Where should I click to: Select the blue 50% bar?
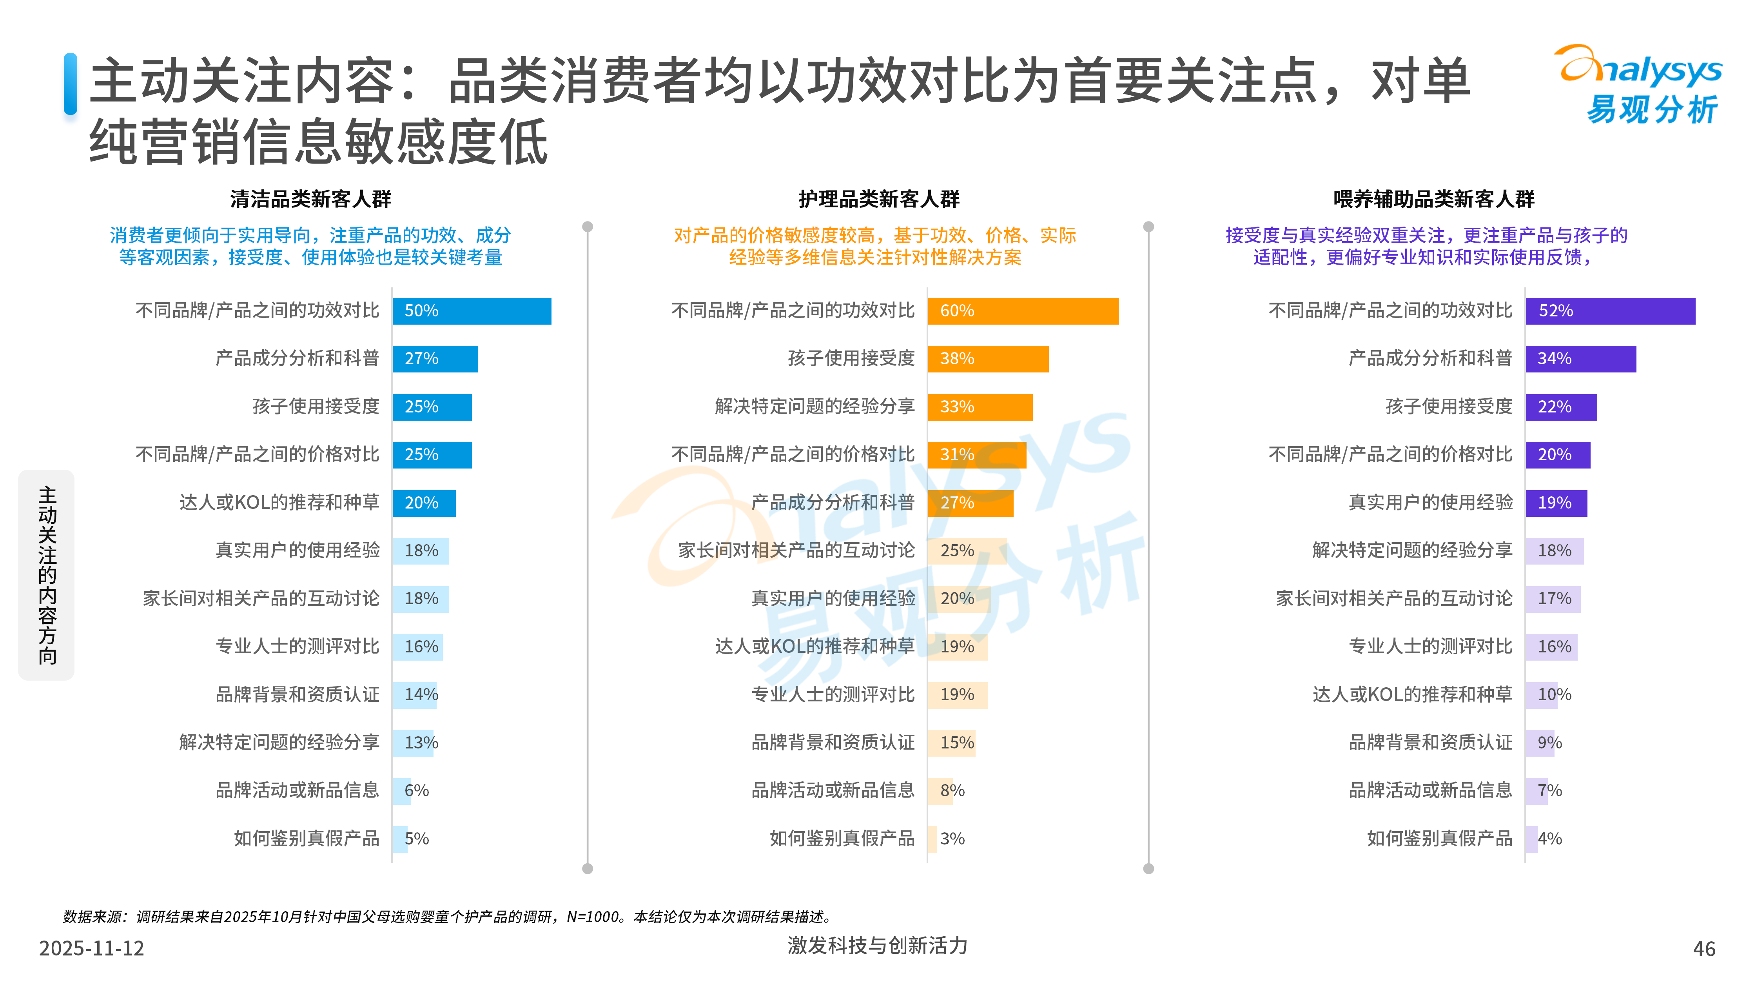click(472, 311)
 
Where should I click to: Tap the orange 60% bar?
click(1023, 311)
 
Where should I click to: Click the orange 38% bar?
click(988, 359)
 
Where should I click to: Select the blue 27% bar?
click(435, 359)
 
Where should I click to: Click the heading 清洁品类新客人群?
click(311, 199)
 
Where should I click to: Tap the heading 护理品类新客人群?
click(879, 199)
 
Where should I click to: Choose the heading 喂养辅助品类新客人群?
click(1433, 199)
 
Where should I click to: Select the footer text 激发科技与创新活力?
click(877, 946)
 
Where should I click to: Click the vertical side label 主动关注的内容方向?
click(46, 575)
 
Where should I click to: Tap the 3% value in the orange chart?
click(952, 839)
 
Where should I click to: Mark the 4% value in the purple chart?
click(1549, 839)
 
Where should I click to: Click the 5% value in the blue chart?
click(417, 839)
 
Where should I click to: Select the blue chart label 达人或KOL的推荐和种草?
click(279, 503)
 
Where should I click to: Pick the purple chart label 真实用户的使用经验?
click(1430, 503)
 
